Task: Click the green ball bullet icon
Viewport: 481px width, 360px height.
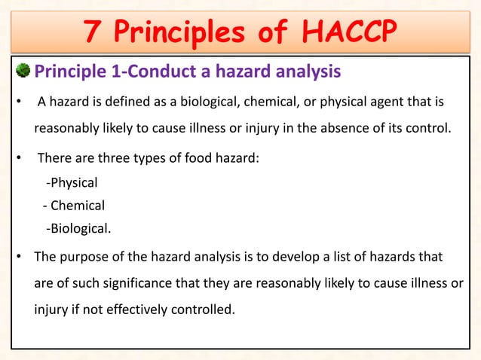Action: (x=24, y=72)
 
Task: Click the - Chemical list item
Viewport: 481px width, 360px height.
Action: (x=73, y=205)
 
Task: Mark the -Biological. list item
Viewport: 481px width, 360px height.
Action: (x=78, y=228)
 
